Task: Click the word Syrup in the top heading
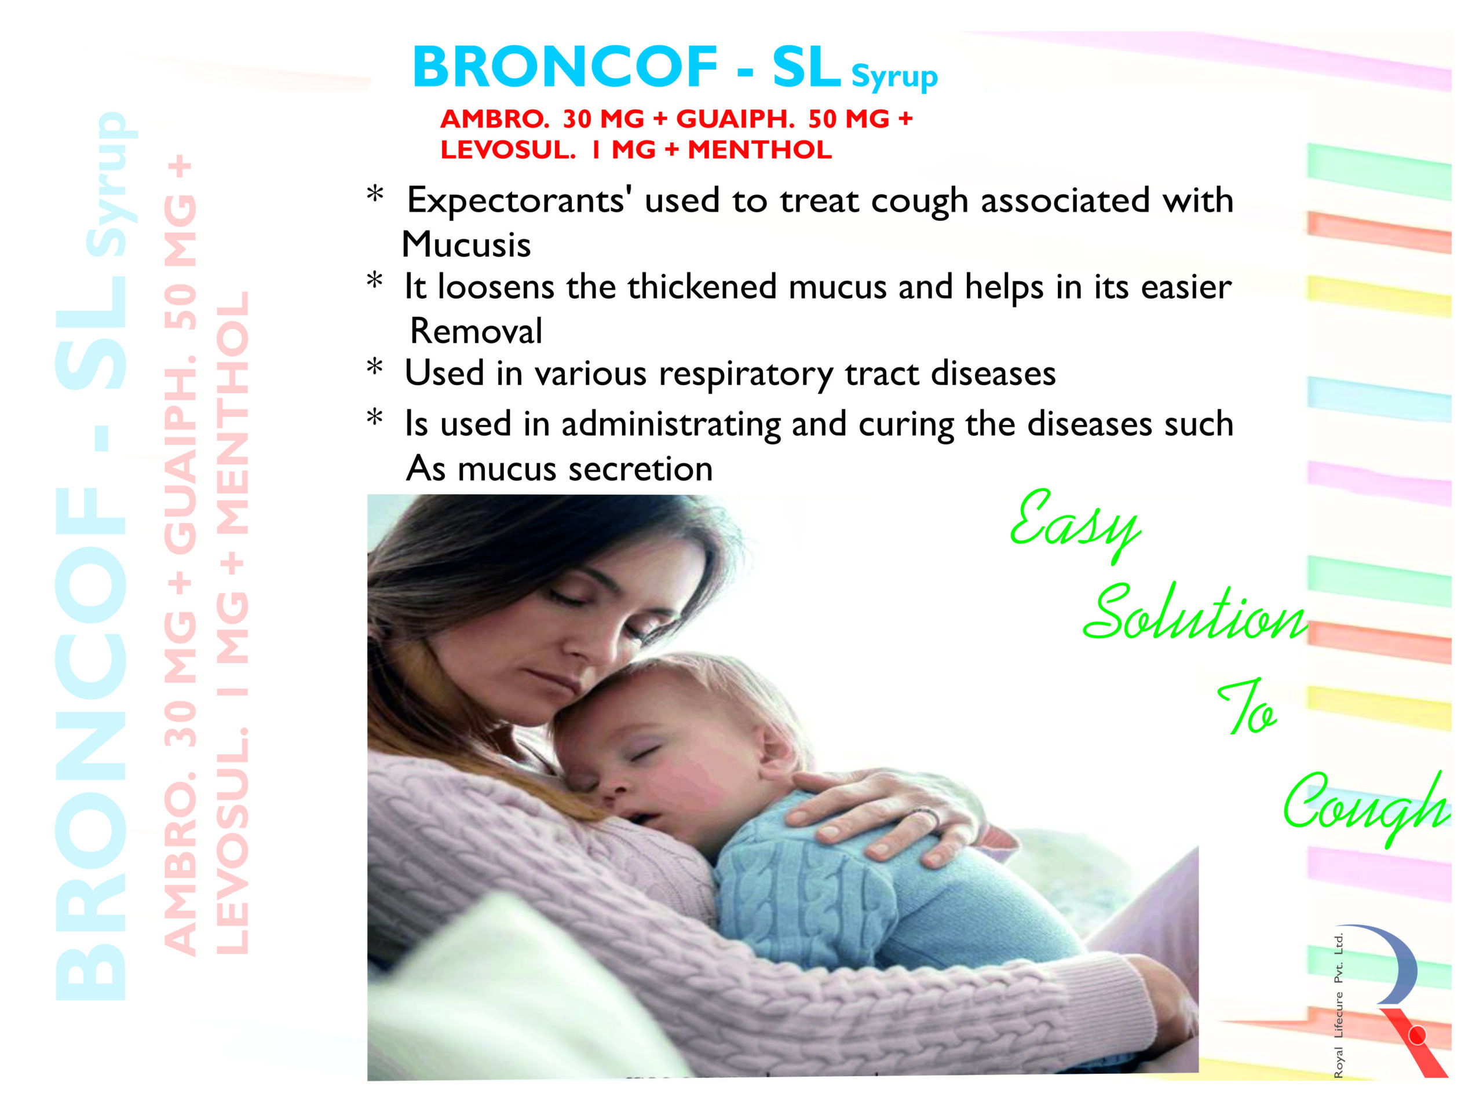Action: click(894, 78)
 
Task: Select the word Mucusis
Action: click(466, 244)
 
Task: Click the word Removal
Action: click(476, 331)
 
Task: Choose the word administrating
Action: click(671, 425)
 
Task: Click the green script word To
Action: click(1247, 709)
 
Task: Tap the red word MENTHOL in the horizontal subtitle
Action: click(759, 149)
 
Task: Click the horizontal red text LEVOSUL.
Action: click(507, 149)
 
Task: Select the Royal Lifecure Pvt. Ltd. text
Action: click(1338, 1005)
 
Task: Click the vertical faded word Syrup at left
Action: click(111, 184)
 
